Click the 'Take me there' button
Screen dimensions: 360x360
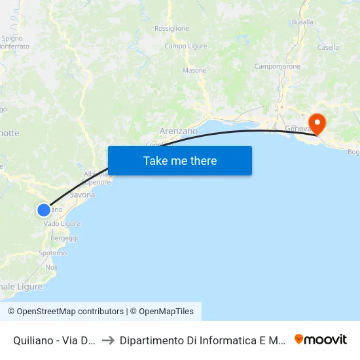coord(180,160)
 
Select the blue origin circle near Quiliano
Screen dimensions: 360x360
coord(43,209)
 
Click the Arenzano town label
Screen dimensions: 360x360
coord(179,131)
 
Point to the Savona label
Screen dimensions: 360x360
coord(82,195)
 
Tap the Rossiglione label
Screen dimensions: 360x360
coord(171,29)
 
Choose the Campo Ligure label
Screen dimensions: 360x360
coord(185,46)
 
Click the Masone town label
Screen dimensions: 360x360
coord(194,70)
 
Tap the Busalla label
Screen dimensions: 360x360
coord(303,22)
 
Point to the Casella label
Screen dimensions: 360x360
coord(328,47)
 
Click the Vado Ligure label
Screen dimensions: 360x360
coord(62,224)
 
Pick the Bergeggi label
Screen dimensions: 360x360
coord(64,238)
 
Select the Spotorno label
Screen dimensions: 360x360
coord(53,253)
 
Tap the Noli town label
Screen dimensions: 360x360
coord(51,267)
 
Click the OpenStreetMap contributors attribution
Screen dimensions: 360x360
coord(66,312)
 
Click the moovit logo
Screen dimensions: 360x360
coord(321,339)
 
